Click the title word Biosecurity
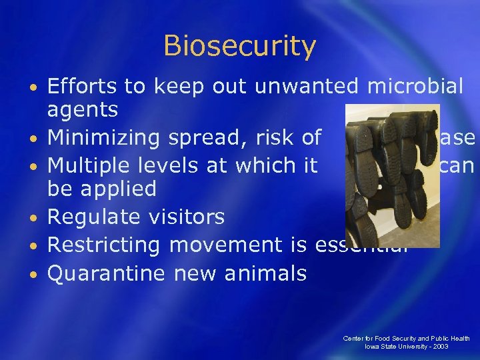239,47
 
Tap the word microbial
413,86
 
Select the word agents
82,110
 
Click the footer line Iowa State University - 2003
407,347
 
